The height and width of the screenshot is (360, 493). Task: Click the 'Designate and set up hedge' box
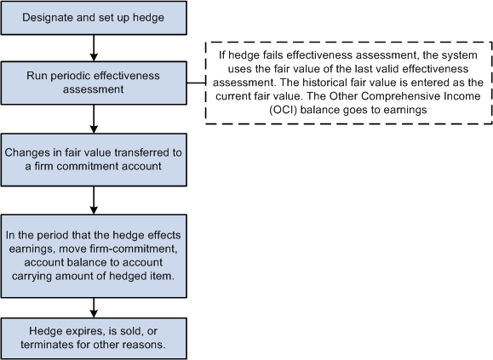[x=93, y=18]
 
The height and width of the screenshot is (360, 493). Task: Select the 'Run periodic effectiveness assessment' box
[x=93, y=83]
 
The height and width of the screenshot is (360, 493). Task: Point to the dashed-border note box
[x=347, y=83]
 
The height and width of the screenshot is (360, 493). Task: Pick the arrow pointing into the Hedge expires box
[x=93, y=306]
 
